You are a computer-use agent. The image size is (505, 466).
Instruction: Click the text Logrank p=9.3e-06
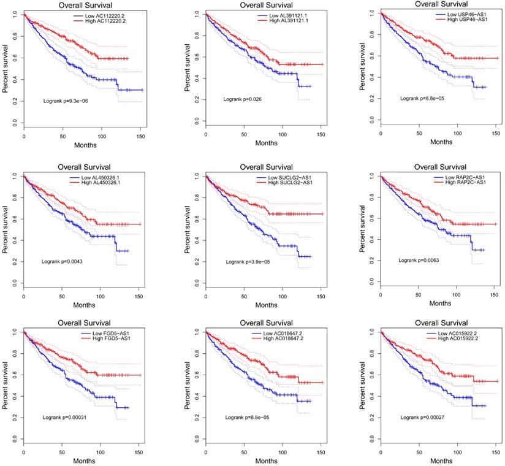[68, 100]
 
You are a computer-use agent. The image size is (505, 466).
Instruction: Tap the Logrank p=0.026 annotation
[245, 99]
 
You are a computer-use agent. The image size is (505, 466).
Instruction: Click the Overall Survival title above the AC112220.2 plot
[83, 5]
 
